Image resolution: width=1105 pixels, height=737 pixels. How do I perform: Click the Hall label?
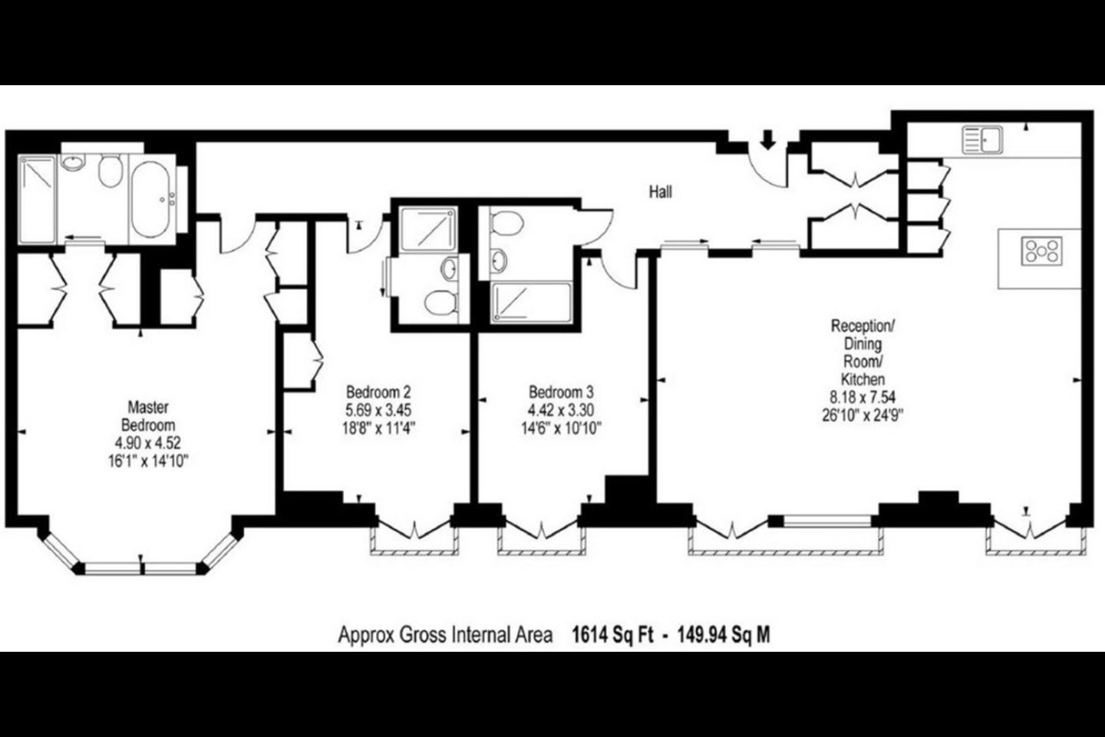(660, 191)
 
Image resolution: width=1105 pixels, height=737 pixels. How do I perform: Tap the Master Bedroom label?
(148, 416)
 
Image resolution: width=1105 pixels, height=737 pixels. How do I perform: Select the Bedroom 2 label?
(378, 392)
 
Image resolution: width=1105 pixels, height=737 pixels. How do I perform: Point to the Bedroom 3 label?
(561, 392)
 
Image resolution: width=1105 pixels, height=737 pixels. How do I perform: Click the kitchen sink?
(982, 140)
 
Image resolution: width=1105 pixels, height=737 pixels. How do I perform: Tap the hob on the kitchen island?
(1042, 251)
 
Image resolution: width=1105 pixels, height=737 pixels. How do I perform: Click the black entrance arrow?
(767, 139)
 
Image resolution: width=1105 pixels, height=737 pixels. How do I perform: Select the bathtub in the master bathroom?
(150, 199)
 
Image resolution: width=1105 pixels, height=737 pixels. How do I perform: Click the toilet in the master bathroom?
(110, 170)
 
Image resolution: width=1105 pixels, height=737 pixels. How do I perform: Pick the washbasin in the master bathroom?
(72, 162)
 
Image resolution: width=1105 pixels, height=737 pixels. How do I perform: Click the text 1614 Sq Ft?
(612, 635)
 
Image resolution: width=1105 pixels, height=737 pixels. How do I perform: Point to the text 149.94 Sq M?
(724, 635)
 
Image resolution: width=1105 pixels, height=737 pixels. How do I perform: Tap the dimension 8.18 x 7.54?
(863, 397)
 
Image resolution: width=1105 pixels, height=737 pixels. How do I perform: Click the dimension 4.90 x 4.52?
(148, 443)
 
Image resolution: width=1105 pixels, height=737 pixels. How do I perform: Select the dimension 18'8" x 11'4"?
(379, 428)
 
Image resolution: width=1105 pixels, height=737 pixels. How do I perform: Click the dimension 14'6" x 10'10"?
(562, 428)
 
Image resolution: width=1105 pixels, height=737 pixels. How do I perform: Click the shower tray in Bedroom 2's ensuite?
(428, 229)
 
